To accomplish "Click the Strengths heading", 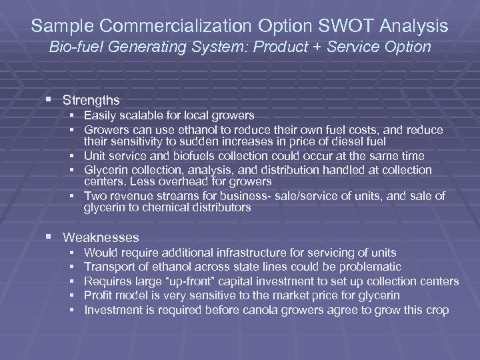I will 91,100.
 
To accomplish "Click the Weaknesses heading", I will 101,237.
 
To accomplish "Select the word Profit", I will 99,295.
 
